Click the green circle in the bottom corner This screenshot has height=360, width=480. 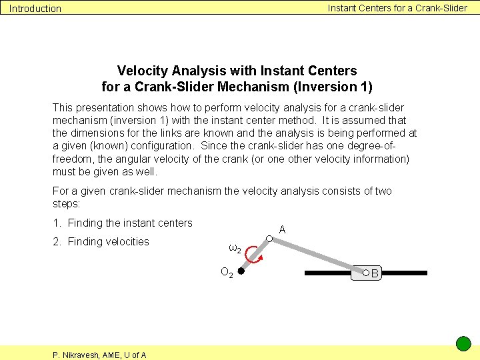(x=463, y=344)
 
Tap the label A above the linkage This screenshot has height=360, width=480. (x=283, y=229)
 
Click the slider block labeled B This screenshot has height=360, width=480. (x=369, y=273)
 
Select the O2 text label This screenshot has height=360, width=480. (x=227, y=273)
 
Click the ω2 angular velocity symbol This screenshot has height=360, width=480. (x=234, y=249)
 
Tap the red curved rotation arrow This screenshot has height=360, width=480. (x=253, y=255)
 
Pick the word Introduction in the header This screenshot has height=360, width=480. (x=35, y=9)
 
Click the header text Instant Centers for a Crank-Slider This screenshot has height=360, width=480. (x=397, y=8)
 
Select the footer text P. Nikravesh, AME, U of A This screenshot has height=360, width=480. (x=99, y=355)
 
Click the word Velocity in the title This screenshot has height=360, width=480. (x=143, y=71)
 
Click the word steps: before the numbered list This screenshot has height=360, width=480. (x=66, y=204)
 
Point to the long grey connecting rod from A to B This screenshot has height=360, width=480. (x=317, y=255)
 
